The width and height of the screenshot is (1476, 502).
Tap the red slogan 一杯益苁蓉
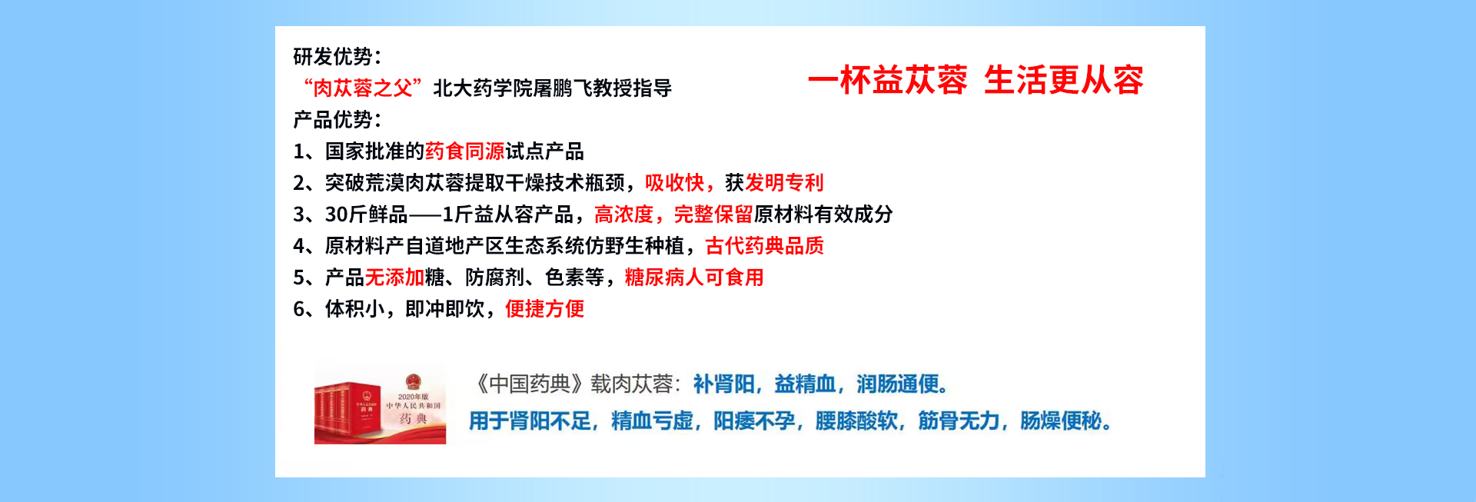click(888, 80)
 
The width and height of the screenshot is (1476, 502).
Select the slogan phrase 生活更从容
click(1064, 80)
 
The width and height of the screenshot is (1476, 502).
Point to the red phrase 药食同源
click(465, 151)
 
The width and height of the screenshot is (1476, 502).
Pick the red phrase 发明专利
click(785, 182)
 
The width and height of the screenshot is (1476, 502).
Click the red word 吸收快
click(675, 182)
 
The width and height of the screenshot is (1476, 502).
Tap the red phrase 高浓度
click(624, 214)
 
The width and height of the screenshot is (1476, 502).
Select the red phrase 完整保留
click(714, 214)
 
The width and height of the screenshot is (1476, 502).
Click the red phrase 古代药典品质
click(765, 245)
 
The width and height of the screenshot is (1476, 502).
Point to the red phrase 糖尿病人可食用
click(694, 277)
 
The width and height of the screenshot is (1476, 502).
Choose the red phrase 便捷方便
click(545, 308)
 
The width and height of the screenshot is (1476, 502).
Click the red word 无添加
click(395, 277)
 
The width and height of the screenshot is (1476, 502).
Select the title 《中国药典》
click(529, 384)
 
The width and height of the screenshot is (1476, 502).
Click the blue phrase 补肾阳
click(723, 384)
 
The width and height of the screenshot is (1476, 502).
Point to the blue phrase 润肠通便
click(897, 384)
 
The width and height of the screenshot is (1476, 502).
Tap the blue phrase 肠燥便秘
click(1061, 421)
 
